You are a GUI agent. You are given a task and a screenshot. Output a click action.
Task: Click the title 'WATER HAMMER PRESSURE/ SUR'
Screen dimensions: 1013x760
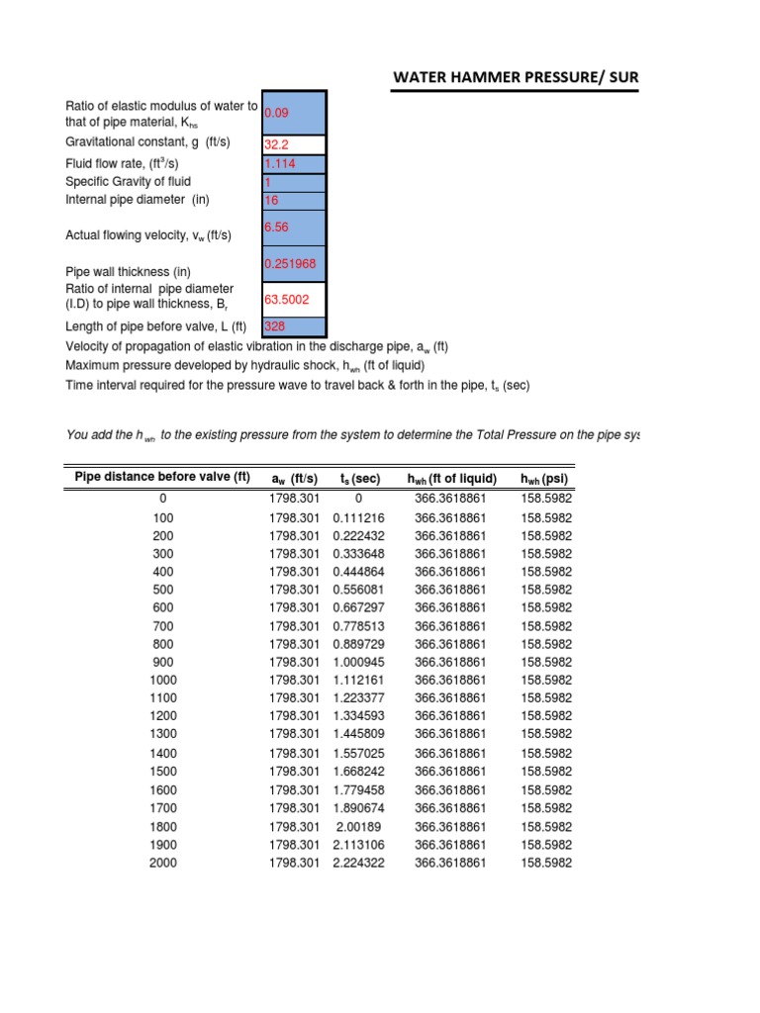pyautogui.click(x=516, y=75)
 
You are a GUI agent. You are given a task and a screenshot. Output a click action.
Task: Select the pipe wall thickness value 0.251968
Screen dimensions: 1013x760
pyautogui.click(x=292, y=263)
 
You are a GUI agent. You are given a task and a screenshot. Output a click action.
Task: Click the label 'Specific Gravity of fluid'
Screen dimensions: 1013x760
pyautogui.click(x=128, y=182)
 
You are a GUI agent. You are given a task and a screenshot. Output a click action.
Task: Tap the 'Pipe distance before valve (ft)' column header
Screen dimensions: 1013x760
pyautogui.click(x=162, y=479)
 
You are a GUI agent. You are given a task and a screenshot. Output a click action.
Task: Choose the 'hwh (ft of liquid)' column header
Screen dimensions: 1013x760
pyautogui.click(x=451, y=479)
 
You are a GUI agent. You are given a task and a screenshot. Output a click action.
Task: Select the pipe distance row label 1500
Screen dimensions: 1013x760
pyautogui.click(x=162, y=772)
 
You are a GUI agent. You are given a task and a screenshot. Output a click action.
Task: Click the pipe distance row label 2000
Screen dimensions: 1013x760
pyautogui.click(x=162, y=863)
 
